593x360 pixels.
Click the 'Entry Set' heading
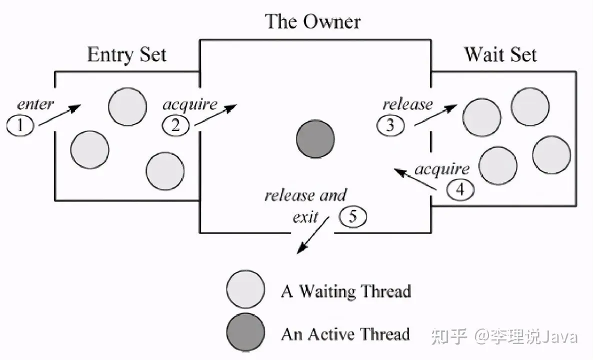(126, 54)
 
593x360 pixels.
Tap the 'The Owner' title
(312, 21)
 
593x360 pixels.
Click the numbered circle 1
(20, 125)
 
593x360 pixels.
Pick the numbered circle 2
(175, 125)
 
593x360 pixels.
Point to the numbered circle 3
(390, 125)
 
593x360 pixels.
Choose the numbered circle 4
(460, 189)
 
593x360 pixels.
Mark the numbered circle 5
(352, 217)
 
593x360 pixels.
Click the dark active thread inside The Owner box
(315, 139)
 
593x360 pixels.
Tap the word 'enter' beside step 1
(35, 104)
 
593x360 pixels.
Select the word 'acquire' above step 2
(190, 104)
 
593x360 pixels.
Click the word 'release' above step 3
(407, 104)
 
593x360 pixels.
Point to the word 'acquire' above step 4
(442, 169)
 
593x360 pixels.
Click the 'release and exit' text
(305, 205)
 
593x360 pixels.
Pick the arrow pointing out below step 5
(312, 235)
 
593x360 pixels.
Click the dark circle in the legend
(245, 332)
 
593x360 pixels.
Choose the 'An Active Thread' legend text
(345, 333)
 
